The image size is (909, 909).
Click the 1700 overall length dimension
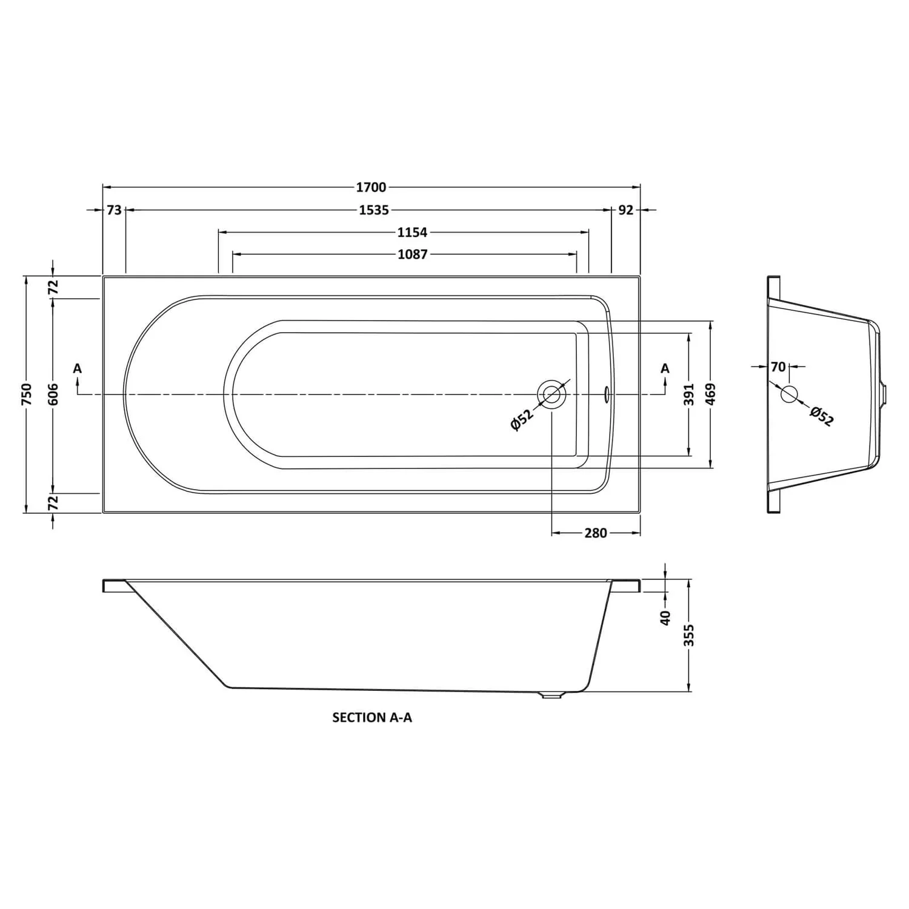[371, 188]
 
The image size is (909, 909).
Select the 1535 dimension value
[373, 210]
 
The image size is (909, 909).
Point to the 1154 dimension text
[412, 232]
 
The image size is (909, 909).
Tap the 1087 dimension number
[412, 255]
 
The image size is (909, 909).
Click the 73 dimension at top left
[114, 210]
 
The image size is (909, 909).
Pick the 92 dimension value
[626, 210]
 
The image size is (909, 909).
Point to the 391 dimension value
[689, 395]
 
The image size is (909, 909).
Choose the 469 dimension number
[711, 395]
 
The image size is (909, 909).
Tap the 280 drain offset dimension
[595, 533]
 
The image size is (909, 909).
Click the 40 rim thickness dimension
[665, 617]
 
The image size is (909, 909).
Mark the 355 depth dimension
[689, 635]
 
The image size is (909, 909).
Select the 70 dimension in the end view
[778, 367]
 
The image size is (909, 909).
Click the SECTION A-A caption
[372, 718]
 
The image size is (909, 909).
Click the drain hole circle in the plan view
[551, 395]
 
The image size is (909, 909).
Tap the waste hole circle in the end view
[789, 394]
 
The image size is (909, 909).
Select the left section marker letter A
[77, 368]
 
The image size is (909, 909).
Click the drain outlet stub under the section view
[550, 696]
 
